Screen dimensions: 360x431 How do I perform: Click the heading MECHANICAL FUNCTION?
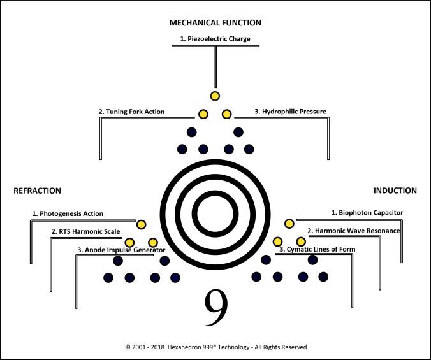(215, 23)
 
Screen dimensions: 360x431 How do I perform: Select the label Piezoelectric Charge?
(215, 39)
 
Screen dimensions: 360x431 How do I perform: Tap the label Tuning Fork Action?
(131, 112)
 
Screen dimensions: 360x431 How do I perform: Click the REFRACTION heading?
(38, 191)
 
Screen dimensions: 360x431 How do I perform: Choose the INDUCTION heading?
(395, 190)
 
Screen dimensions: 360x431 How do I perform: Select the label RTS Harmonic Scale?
(86, 231)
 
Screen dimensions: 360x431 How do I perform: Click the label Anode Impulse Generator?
(121, 250)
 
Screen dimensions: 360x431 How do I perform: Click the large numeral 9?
(215, 307)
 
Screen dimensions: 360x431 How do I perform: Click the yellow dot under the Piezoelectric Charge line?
(215, 96)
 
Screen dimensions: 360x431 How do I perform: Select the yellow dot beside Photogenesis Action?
(141, 224)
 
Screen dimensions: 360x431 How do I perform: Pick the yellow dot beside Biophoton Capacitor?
(289, 224)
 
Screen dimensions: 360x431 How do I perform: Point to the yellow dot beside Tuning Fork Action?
(203, 114)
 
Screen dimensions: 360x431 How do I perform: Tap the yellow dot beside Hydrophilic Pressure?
(226, 114)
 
